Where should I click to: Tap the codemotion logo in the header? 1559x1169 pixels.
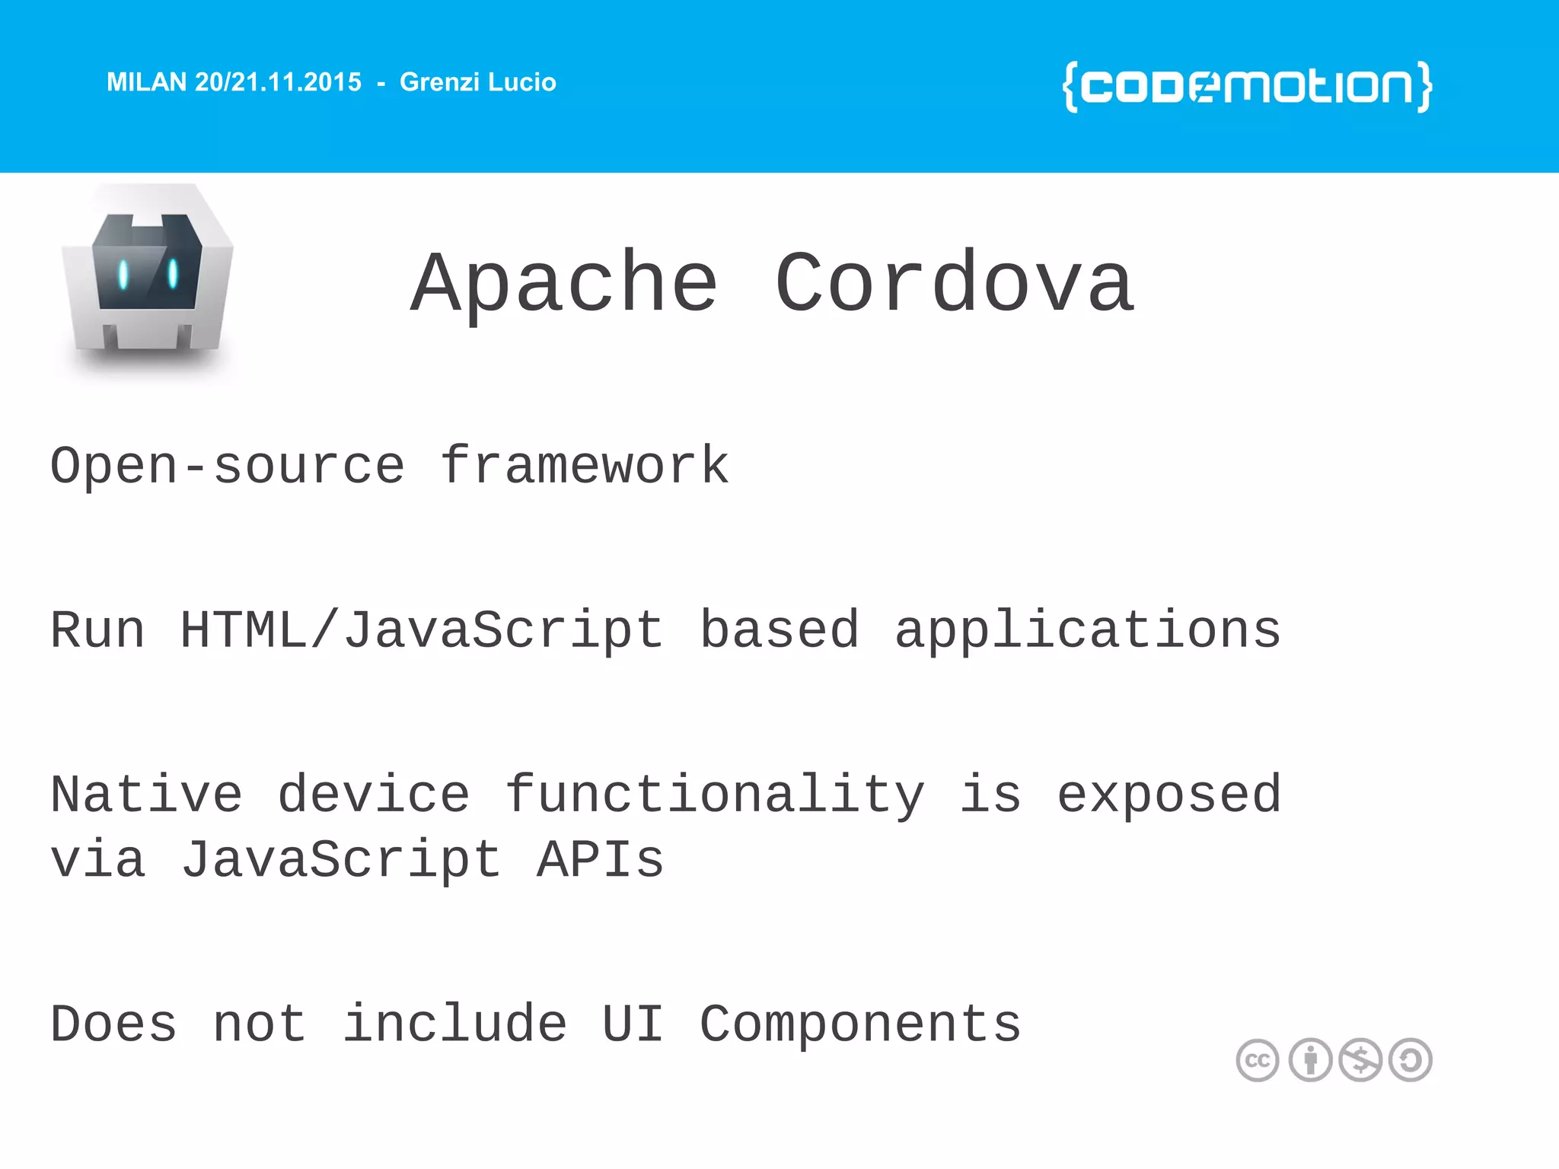click(x=1247, y=87)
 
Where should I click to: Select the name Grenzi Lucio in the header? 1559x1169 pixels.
click(x=478, y=82)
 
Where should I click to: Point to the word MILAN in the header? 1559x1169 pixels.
click(x=146, y=82)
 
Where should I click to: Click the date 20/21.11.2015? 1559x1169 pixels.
click(x=279, y=82)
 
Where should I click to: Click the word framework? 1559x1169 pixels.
click(x=585, y=466)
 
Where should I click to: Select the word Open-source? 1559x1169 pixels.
click(x=227, y=466)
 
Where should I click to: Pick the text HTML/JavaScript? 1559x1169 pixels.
click(x=422, y=630)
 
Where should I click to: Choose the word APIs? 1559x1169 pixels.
click(x=601, y=860)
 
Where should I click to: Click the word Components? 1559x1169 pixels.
click(x=860, y=1024)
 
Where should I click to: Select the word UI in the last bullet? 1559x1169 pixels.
click(x=633, y=1024)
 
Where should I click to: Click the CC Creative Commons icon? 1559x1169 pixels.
click(x=1258, y=1060)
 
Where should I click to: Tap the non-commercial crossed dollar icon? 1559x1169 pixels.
click(x=1360, y=1060)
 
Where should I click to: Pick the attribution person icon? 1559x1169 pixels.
click(x=1310, y=1060)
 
